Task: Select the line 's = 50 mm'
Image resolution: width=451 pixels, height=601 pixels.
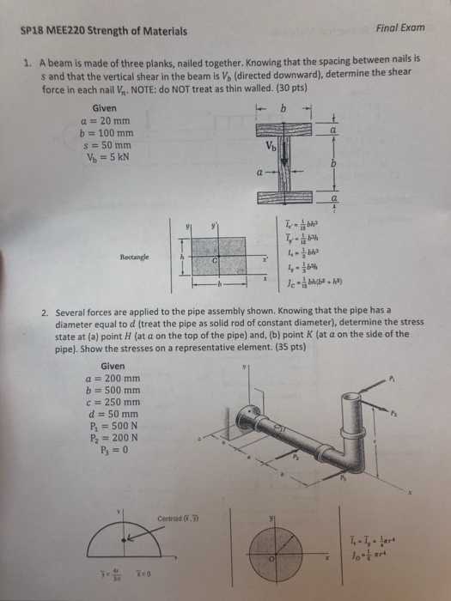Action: click(x=104, y=146)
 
